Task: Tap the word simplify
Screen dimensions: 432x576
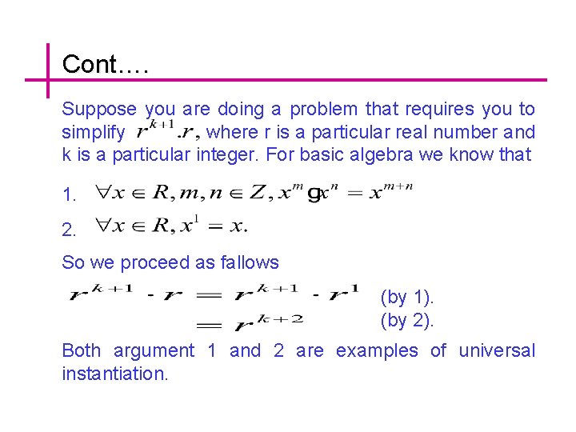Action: click(x=93, y=132)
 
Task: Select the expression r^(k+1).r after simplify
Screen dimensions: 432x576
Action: click(x=168, y=129)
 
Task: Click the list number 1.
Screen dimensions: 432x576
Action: click(x=69, y=194)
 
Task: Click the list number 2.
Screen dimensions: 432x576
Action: click(x=69, y=230)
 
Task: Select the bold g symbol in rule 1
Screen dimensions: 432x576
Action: click(x=314, y=194)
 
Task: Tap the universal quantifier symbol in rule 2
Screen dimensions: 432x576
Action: click(x=104, y=227)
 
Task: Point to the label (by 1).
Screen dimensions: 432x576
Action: click(x=407, y=298)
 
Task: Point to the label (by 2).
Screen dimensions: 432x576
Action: click(x=407, y=322)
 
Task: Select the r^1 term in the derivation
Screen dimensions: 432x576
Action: click(x=344, y=294)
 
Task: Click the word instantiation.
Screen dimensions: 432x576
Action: click(x=115, y=374)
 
